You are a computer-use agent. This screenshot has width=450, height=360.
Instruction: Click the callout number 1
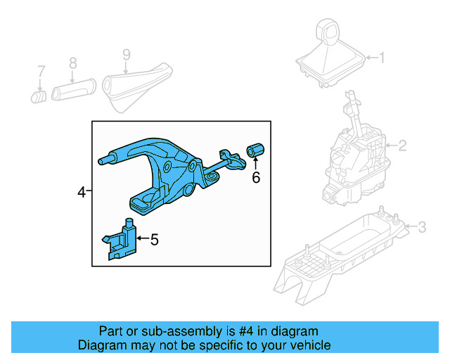pos(382,58)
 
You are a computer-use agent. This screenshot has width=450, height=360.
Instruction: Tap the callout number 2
pos(402,146)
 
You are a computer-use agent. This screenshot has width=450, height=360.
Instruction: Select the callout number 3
pos(421,227)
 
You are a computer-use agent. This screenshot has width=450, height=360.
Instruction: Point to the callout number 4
pos(82,191)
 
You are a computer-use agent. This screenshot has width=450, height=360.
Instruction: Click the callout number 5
pos(154,240)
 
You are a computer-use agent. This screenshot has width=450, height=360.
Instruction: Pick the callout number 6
pos(256,178)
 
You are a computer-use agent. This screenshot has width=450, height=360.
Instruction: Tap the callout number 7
pos(41,70)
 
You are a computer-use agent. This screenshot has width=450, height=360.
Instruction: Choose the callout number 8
pos(72,63)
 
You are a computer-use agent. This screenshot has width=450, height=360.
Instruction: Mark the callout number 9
pos(127,54)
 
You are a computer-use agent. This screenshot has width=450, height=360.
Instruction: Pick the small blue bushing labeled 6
pos(255,150)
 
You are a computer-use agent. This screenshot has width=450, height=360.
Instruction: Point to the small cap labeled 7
pos(39,95)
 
